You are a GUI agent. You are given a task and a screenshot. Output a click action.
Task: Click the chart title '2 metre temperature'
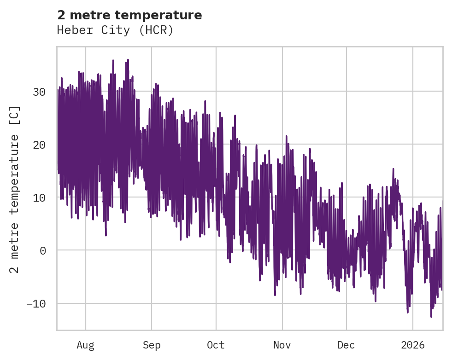click(129, 15)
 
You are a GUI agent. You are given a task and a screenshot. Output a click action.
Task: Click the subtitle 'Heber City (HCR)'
click(115, 30)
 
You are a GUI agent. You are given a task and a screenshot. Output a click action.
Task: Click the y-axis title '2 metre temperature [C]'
click(15, 189)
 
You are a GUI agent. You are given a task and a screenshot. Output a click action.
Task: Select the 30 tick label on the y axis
click(39, 92)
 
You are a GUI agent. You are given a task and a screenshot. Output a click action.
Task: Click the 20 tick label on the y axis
click(39, 145)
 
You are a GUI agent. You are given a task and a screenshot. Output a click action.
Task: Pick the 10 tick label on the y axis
click(39, 197)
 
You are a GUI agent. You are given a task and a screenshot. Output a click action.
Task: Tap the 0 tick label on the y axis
click(42, 250)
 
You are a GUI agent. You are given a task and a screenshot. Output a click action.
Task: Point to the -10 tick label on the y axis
click(36, 303)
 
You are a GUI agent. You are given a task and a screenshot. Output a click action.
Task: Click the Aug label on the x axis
click(85, 345)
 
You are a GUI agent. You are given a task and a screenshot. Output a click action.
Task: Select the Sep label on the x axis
click(151, 345)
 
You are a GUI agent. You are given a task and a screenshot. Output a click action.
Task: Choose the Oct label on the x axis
click(216, 345)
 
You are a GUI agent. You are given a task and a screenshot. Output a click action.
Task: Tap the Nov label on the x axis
click(282, 345)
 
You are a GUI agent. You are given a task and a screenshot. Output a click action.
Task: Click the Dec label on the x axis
click(346, 345)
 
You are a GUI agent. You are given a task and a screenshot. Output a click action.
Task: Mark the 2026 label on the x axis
click(412, 345)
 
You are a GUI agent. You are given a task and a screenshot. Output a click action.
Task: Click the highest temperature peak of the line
click(128, 60)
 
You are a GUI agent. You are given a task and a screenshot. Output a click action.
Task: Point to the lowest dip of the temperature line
click(431, 317)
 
